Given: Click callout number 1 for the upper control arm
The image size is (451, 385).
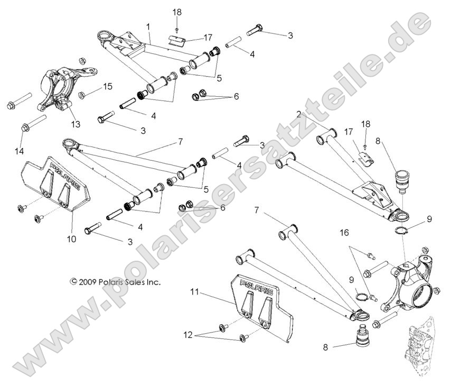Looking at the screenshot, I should (148, 26).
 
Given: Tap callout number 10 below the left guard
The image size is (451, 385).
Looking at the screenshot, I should (72, 239).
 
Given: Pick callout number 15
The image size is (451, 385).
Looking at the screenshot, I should (108, 86).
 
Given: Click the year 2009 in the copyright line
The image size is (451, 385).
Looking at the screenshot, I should (89, 282).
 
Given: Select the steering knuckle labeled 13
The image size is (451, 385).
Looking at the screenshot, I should (59, 87).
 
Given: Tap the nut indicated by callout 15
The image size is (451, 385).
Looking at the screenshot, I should (82, 95).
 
